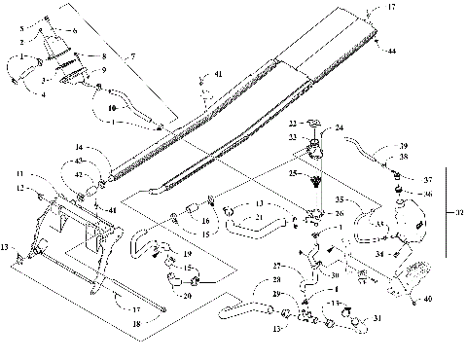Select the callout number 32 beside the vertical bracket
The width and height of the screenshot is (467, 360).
coord(460,213)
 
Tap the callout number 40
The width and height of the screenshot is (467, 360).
coord(428,300)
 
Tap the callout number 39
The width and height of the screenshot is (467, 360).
coord(403,146)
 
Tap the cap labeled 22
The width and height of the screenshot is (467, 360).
coord(312,125)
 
